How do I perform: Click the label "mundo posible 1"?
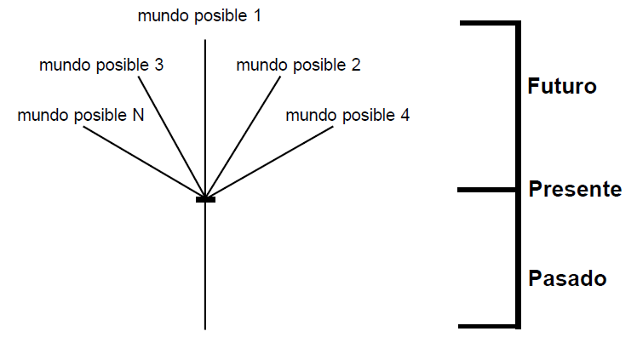coord(199,15)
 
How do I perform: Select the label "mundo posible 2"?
coord(298,65)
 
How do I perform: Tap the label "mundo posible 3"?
coord(101,65)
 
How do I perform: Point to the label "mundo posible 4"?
coord(347,115)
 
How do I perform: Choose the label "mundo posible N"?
coord(80,115)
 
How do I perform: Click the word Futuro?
coord(562,87)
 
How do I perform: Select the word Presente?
coord(575,189)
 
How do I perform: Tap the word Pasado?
coord(566,278)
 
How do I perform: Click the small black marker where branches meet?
coord(205,199)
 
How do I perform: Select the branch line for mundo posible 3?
coord(171,136)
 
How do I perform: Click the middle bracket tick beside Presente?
coord(487,189)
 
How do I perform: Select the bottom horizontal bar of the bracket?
coord(488,326)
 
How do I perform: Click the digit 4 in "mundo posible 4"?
coord(405,115)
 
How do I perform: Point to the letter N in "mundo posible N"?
coord(138,115)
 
